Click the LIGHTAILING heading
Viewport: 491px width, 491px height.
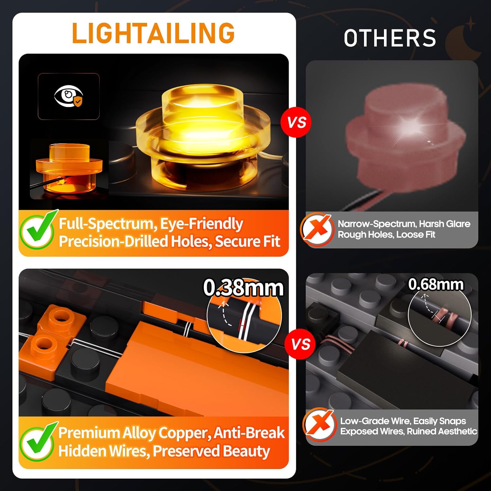[x=153, y=33]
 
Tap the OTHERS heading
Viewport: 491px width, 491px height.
[x=390, y=38]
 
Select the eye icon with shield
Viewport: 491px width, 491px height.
[x=69, y=97]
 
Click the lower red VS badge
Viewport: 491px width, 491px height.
[x=301, y=344]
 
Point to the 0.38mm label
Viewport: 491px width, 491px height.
[x=243, y=288]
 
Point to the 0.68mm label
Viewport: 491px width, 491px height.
[x=436, y=284]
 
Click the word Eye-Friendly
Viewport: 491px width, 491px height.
[x=201, y=224]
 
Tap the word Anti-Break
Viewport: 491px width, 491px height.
[x=249, y=433]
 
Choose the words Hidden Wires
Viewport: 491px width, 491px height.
[x=103, y=451]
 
